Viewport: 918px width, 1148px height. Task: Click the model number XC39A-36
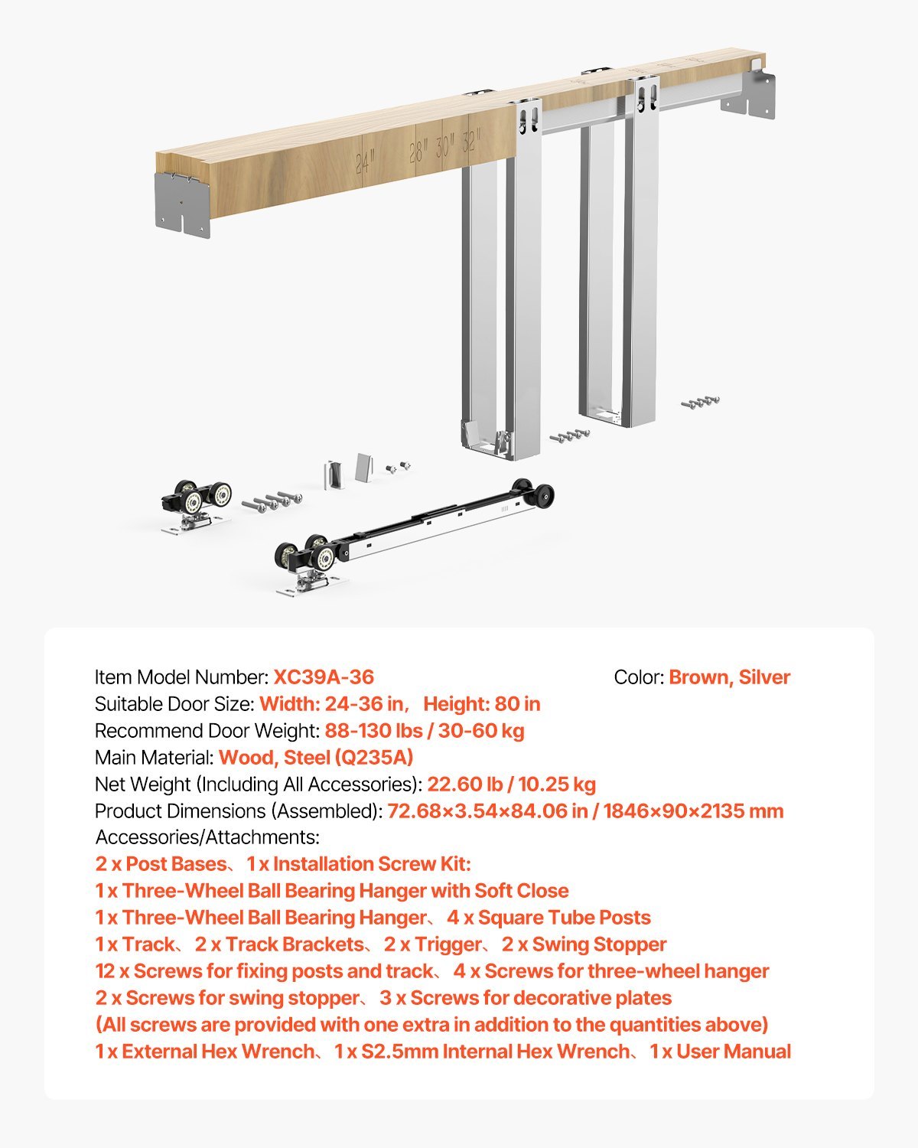point(324,677)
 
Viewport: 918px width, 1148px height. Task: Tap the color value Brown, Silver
point(729,677)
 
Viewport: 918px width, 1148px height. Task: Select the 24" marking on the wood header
point(366,161)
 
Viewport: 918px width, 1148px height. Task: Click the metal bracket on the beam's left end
point(183,204)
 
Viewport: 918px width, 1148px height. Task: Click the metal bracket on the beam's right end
point(749,94)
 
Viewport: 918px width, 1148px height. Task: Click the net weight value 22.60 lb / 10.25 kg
point(511,784)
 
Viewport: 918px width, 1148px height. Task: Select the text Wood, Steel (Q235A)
point(316,758)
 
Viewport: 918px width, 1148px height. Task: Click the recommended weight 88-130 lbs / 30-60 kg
point(425,731)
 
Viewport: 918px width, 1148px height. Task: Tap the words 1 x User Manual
point(720,1052)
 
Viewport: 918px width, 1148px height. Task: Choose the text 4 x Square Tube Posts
point(549,918)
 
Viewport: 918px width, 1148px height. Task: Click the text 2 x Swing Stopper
point(584,944)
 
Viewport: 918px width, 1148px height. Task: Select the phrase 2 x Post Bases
point(161,864)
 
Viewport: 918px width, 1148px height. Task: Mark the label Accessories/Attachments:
point(207,837)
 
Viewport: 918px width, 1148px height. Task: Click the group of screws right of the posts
point(700,402)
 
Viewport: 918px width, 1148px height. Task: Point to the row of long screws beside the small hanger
point(272,501)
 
